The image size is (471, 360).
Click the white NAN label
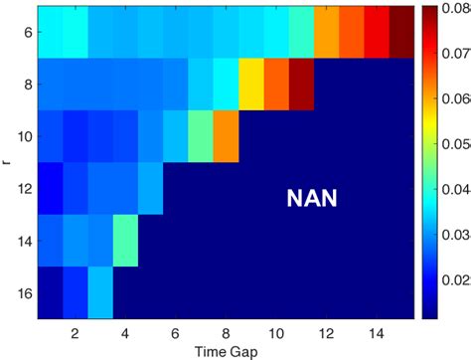311,199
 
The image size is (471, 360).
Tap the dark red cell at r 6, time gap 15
400,32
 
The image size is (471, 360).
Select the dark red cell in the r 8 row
301,84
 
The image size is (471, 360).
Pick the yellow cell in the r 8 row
250,84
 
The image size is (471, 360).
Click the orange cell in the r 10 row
226,135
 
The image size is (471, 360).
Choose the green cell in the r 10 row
201,135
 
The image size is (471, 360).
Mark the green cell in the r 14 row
125,239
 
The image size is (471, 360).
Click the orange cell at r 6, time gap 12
326,32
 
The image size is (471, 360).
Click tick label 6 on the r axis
28,32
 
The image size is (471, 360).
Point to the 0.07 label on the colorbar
456,54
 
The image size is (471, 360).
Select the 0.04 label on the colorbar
456,188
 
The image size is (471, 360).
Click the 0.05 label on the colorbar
456,143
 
